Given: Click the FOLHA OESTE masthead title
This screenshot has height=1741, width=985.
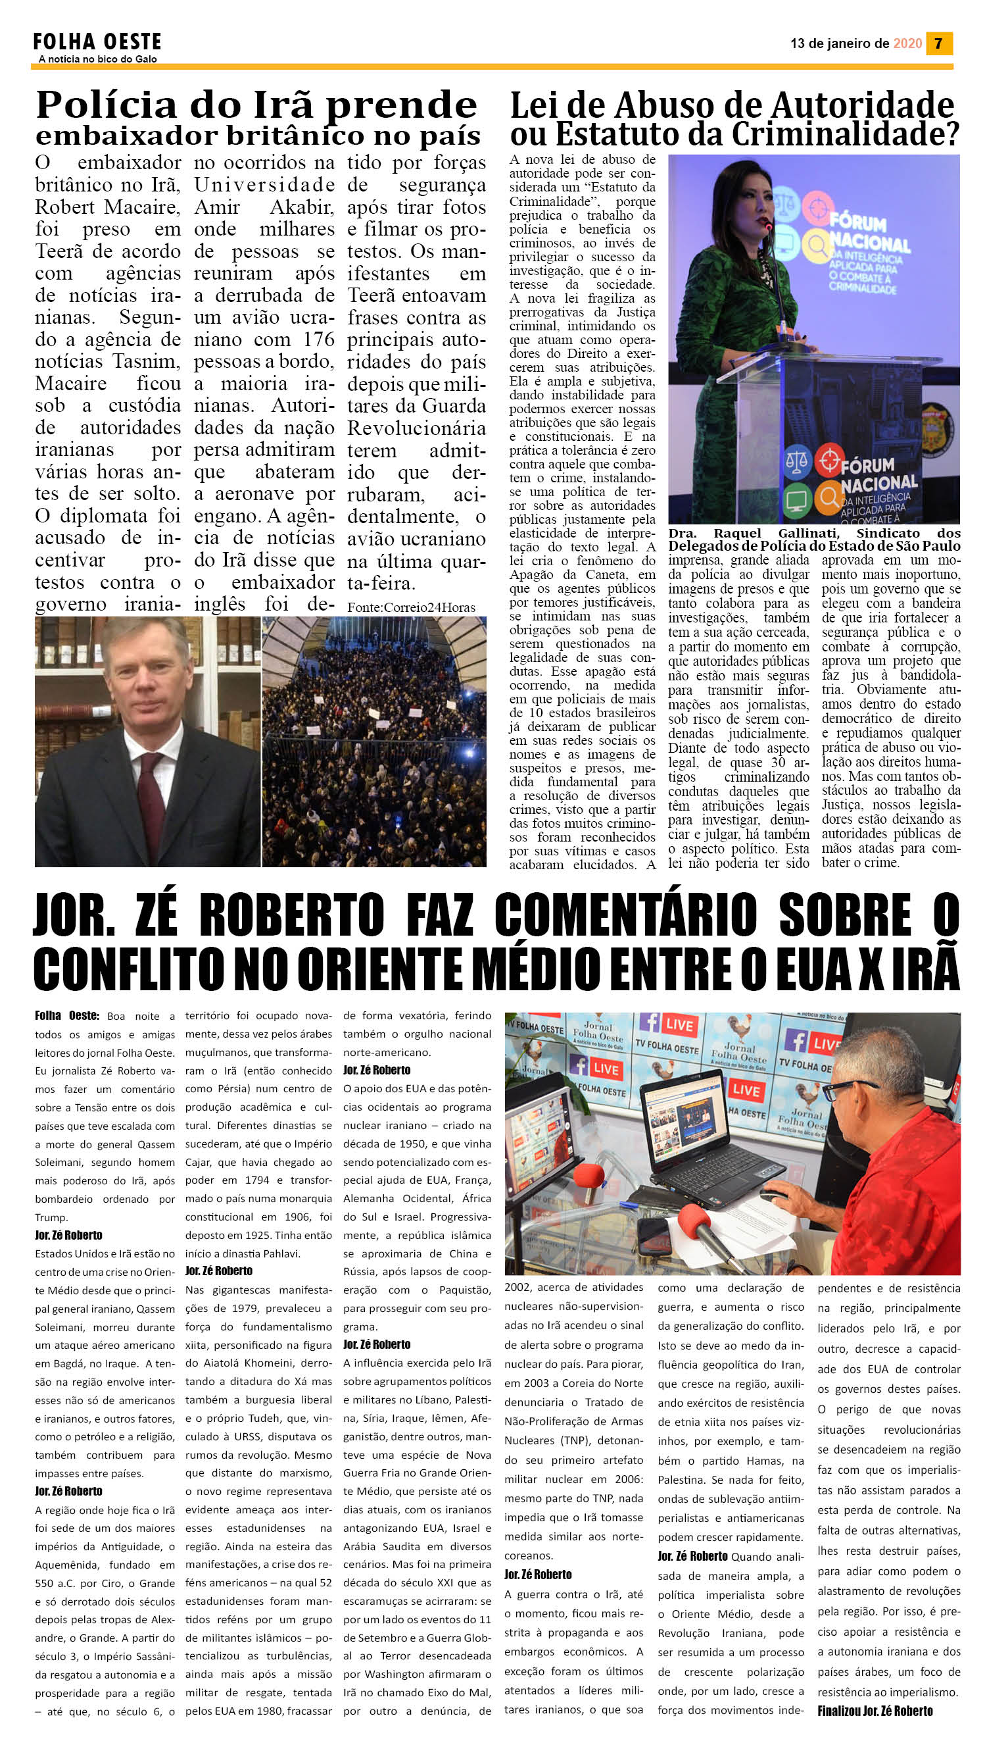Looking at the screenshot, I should (97, 42).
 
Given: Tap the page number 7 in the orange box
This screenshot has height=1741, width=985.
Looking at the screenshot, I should (938, 43).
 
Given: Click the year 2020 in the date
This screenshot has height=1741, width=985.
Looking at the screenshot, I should (907, 43).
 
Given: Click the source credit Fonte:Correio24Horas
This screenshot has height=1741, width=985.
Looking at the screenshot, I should (412, 607).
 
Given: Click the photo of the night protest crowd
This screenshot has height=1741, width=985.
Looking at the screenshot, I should (373, 742).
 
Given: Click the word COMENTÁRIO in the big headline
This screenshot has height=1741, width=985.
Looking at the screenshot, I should (625, 915).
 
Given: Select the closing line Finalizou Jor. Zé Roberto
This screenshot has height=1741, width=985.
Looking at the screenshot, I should (875, 1711).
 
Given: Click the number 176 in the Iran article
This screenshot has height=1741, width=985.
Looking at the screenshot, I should (320, 339).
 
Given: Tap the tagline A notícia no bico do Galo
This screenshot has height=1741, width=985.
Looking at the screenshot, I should (97, 59).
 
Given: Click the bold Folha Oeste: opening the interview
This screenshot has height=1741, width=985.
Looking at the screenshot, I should (67, 1016).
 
